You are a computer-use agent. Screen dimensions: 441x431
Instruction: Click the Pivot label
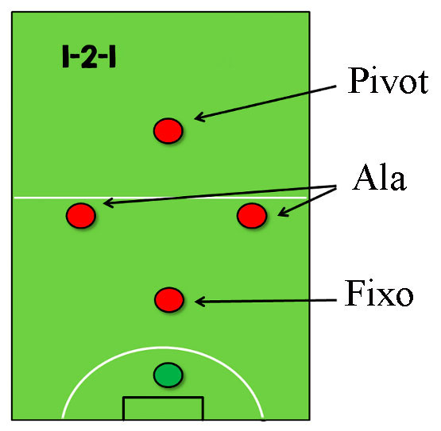click(388, 81)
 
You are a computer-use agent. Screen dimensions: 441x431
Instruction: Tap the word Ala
click(379, 178)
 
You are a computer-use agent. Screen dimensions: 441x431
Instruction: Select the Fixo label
click(379, 293)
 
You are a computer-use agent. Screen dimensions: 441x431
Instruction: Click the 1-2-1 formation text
click(89, 57)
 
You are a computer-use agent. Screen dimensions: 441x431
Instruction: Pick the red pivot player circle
click(168, 131)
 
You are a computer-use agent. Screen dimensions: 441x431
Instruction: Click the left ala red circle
click(81, 216)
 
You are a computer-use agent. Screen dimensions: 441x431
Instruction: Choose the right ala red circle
click(252, 216)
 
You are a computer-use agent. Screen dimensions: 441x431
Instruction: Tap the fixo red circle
click(169, 300)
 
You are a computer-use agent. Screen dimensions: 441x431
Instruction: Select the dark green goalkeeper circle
click(168, 375)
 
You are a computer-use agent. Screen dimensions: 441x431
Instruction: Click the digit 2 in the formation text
click(89, 57)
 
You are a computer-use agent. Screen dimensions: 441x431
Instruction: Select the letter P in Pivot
click(358, 81)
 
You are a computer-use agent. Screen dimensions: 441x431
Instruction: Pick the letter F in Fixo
click(354, 293)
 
